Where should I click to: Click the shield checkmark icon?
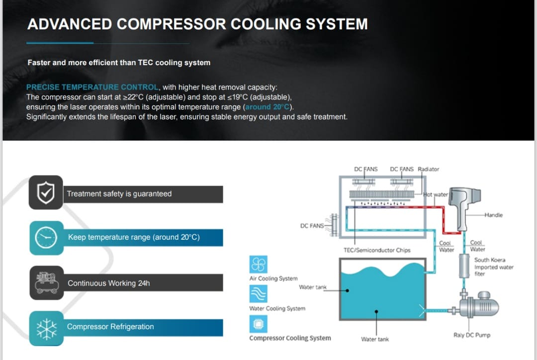coord(46,192)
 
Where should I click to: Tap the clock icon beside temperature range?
coord(46,237)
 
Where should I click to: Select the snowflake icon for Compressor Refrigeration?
coord(47,329)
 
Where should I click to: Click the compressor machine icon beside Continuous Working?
coord(47,282)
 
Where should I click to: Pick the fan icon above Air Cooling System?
coord(258,264)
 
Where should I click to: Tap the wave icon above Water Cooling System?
coord(258,294)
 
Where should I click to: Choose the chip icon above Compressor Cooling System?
coord(258,324)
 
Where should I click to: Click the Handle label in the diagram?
coord(494,215)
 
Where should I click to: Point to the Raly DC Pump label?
coord(472,335)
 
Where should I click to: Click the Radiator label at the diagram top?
coord(429,169)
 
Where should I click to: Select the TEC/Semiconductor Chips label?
coord(377,250)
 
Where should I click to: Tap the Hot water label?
coord(436,194)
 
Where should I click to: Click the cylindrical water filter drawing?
coord(464,266)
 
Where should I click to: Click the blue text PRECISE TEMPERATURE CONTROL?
coord(92,87)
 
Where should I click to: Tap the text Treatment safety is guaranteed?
coord(119,194)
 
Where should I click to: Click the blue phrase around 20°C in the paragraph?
coord(268,107)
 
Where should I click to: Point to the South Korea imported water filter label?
coord(494,267)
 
